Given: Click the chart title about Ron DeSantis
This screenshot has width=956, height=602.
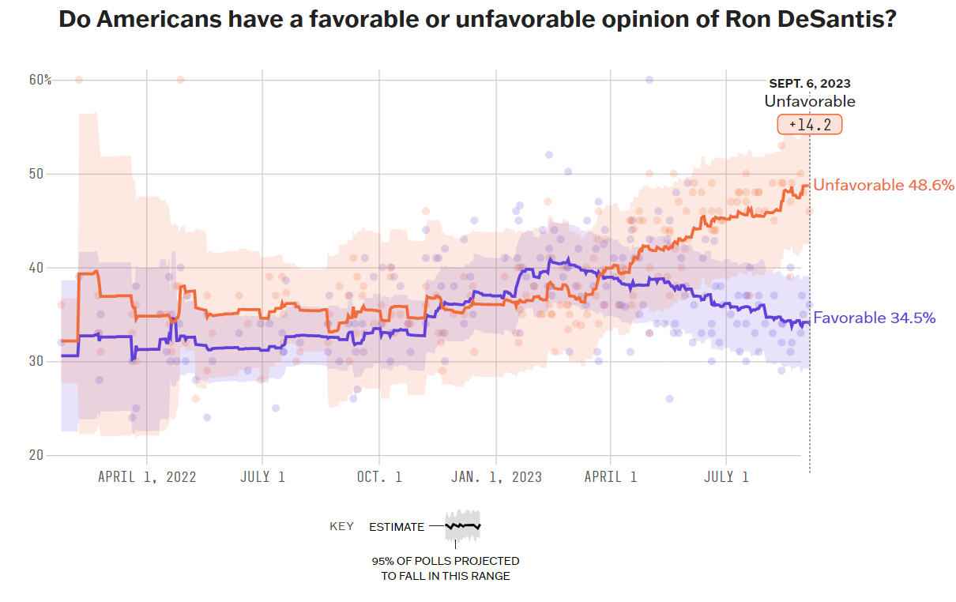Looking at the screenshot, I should tap(477, 20).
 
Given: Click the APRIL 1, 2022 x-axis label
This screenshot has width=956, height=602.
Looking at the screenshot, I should tap(147, 477).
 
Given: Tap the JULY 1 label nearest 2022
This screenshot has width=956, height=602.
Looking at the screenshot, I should tap(262, 477).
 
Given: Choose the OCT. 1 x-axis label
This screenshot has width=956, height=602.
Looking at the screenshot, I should tap(379, 477).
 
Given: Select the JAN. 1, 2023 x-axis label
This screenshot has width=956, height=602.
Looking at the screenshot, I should tap(496, 477).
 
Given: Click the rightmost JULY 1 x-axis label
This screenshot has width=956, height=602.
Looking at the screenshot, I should tap(726, 477).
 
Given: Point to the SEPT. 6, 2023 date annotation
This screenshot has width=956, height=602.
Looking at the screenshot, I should tap(810, 84).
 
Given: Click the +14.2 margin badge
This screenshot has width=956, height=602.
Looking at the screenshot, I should tap(810, 125).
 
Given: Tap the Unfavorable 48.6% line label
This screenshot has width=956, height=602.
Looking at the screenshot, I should tap(884, 186).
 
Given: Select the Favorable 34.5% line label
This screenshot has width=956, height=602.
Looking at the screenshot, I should tap(875, 318).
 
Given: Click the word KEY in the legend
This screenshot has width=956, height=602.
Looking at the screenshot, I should tap(342, 527).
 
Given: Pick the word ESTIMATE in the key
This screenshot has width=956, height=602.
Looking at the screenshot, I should tap(397, 527).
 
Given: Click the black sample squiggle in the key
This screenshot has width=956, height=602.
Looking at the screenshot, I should tap(463, 525).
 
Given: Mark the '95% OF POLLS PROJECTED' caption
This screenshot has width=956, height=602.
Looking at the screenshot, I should tap(446, 561).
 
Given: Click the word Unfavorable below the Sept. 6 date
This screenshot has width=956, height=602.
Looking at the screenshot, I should tap(810, 101).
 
